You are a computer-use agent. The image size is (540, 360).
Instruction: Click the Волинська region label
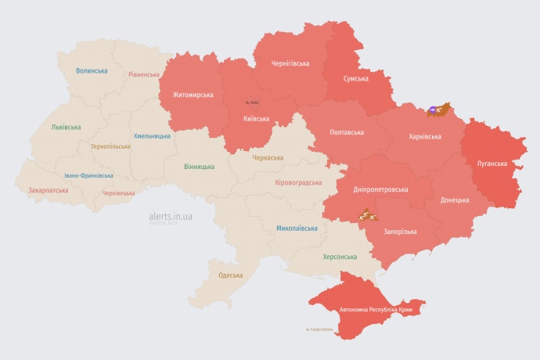(x=92, y=70)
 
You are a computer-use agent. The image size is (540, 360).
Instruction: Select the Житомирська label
(x=188, y=95)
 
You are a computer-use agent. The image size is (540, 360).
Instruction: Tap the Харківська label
(x=425, y=136)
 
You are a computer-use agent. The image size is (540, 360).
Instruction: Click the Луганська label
(x=492, y=164)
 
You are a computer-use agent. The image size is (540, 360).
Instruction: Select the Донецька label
(x=455, y=200)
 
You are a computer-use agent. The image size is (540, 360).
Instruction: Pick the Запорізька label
(x=400, y=232)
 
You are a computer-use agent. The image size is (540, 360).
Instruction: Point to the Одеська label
(x=230, y=275)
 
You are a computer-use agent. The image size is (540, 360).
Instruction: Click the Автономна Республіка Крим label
(x=376, y=310)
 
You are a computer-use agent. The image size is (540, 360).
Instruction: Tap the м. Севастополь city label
(x=319, y=329)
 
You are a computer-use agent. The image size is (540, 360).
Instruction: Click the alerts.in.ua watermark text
(x=171, y=215)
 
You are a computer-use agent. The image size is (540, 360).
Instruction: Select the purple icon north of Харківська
(x=433, y=110)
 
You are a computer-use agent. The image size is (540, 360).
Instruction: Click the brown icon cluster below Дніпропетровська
(x=366, y=214)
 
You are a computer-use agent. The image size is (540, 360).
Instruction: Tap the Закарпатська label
(x=47, y=189)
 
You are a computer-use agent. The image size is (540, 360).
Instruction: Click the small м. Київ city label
(x=252, y=103)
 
